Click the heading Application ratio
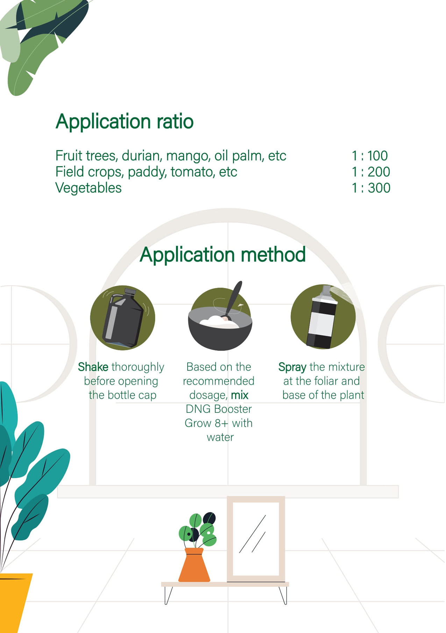pos(125,122)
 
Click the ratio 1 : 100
pos(370,156)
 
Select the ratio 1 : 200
pos(371,172)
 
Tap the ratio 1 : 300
pos(371,188)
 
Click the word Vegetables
pos(89,188)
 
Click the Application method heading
pos(223,254)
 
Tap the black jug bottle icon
pos(123,318)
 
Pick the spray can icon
pos(323,317)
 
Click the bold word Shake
pos(93,367)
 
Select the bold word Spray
pos(292,367)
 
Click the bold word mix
pos(240,395)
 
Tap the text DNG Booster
pos(219,409)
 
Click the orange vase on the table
pos(194,565)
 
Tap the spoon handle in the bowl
pos(234,298)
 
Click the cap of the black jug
pos(130,292)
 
